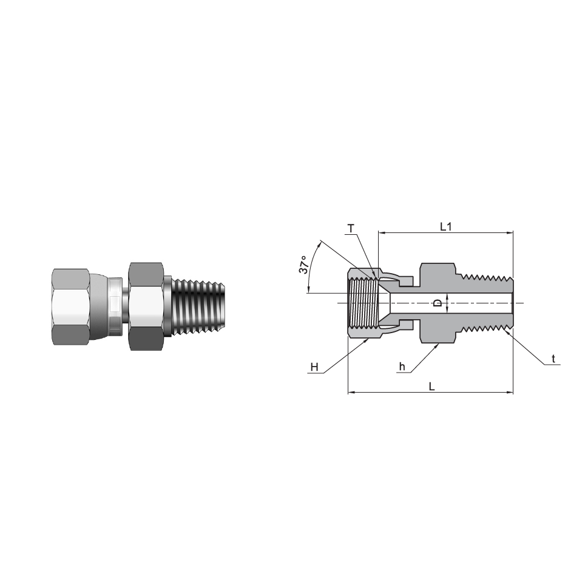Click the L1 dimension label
click(x=446, y=226)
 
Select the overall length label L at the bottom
click(x=431, y=387)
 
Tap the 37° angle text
click(x=304, y=265)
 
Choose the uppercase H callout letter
click(x=314, y=367)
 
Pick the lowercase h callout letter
click(x=402, y=367)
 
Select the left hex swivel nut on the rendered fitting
click(x=71, y=306)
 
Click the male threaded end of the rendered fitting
click(x=200, y=306)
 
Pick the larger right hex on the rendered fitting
click(x=146, y=306)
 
